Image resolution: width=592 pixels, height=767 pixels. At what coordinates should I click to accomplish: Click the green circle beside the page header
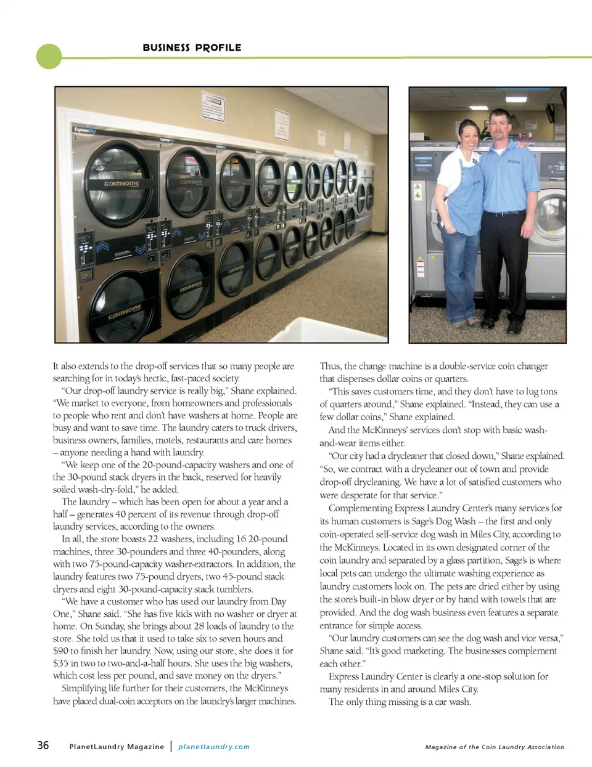(x=49, y=57)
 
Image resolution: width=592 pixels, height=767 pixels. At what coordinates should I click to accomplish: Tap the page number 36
(x=43, y=745)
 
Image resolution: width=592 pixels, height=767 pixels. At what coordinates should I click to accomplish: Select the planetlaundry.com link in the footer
(x=214, y=747)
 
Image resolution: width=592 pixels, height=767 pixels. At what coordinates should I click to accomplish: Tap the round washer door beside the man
(x=551, y=217)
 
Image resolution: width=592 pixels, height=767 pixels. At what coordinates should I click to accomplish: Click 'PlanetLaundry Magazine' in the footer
(x=117, y=747)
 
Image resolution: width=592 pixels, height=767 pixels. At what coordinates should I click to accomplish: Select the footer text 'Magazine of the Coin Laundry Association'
(x=495, y=747)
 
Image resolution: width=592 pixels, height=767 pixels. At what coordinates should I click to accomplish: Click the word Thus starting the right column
(x=330, y=366)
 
